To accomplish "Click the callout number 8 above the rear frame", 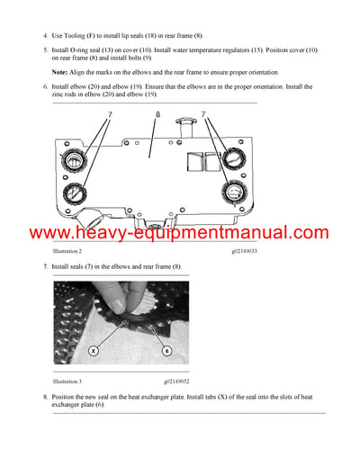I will pyautogui.click(x=157, y=115).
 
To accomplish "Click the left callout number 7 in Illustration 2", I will pyautogui.click(x=111, y=115).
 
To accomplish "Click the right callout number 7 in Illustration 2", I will pyautogui.click(x=204, y=115).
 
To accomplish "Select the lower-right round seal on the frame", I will pyautogui.click(x=233, y=195).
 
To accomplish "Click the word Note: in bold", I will pyautogui.click(x=60, y=72).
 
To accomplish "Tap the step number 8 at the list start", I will pyautogui.click(x=45, y=397).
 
